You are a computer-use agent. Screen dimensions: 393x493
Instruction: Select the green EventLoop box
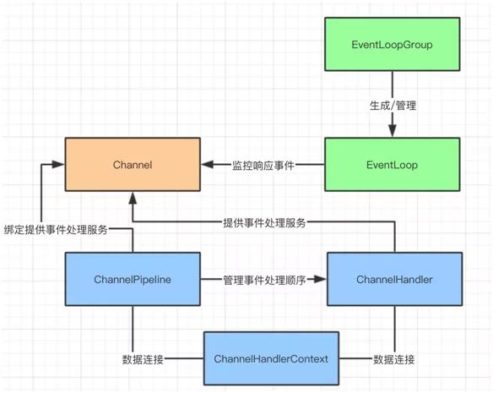click(x=393, y=165)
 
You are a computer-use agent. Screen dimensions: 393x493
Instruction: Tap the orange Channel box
click(x=133, y=165)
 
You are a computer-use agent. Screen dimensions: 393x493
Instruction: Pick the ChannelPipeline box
click(x=133, y=278)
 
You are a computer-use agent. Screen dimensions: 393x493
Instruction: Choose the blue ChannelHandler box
click(x=394, y=278)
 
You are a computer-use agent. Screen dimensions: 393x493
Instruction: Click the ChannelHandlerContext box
click(x=271, y=359)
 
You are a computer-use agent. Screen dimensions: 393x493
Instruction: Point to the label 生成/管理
click(x=393, y=105)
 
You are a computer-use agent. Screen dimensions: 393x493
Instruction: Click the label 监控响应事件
click(x=263, y=166)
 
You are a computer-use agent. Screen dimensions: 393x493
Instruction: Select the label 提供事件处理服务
click(x=264, y=222)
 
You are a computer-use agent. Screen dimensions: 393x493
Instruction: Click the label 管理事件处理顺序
click(x=263, y=279)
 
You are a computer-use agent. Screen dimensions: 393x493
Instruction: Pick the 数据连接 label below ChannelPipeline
click(x=143, y=359)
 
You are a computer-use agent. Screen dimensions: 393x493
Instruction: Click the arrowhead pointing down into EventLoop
click(x=393, y=130)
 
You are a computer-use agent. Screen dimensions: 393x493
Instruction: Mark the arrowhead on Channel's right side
click(x=206, y=165)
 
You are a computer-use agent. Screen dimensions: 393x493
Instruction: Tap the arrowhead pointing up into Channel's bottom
click(x=133, y=199)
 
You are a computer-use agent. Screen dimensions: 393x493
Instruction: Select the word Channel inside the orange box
click(x=133, y=165)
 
